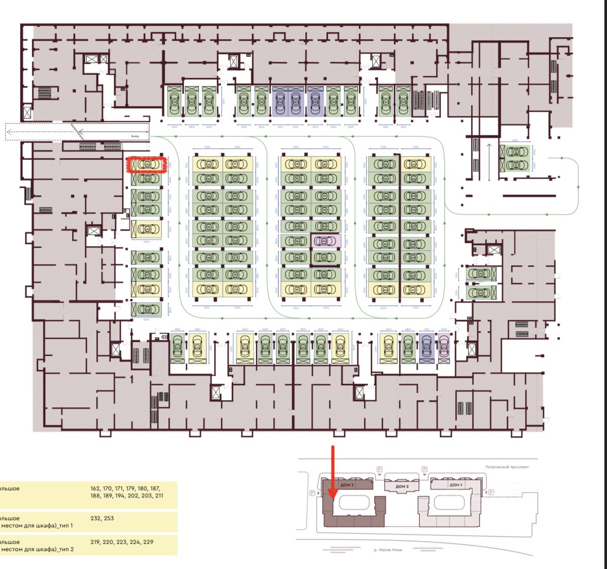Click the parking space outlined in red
[146, 165]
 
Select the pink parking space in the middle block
[325, 240]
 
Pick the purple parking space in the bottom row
[426, 348]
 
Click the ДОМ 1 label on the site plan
[456, 485]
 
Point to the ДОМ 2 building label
[402, 487]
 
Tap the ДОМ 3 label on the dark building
[346, 485]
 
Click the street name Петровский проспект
[507, 467]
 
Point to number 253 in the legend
[109, 519]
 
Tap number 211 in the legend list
[159, 495]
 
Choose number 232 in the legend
[95, 519]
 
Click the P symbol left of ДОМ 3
[313, 493]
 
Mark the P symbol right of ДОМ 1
[491, 493]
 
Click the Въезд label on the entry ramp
[135, 136]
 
